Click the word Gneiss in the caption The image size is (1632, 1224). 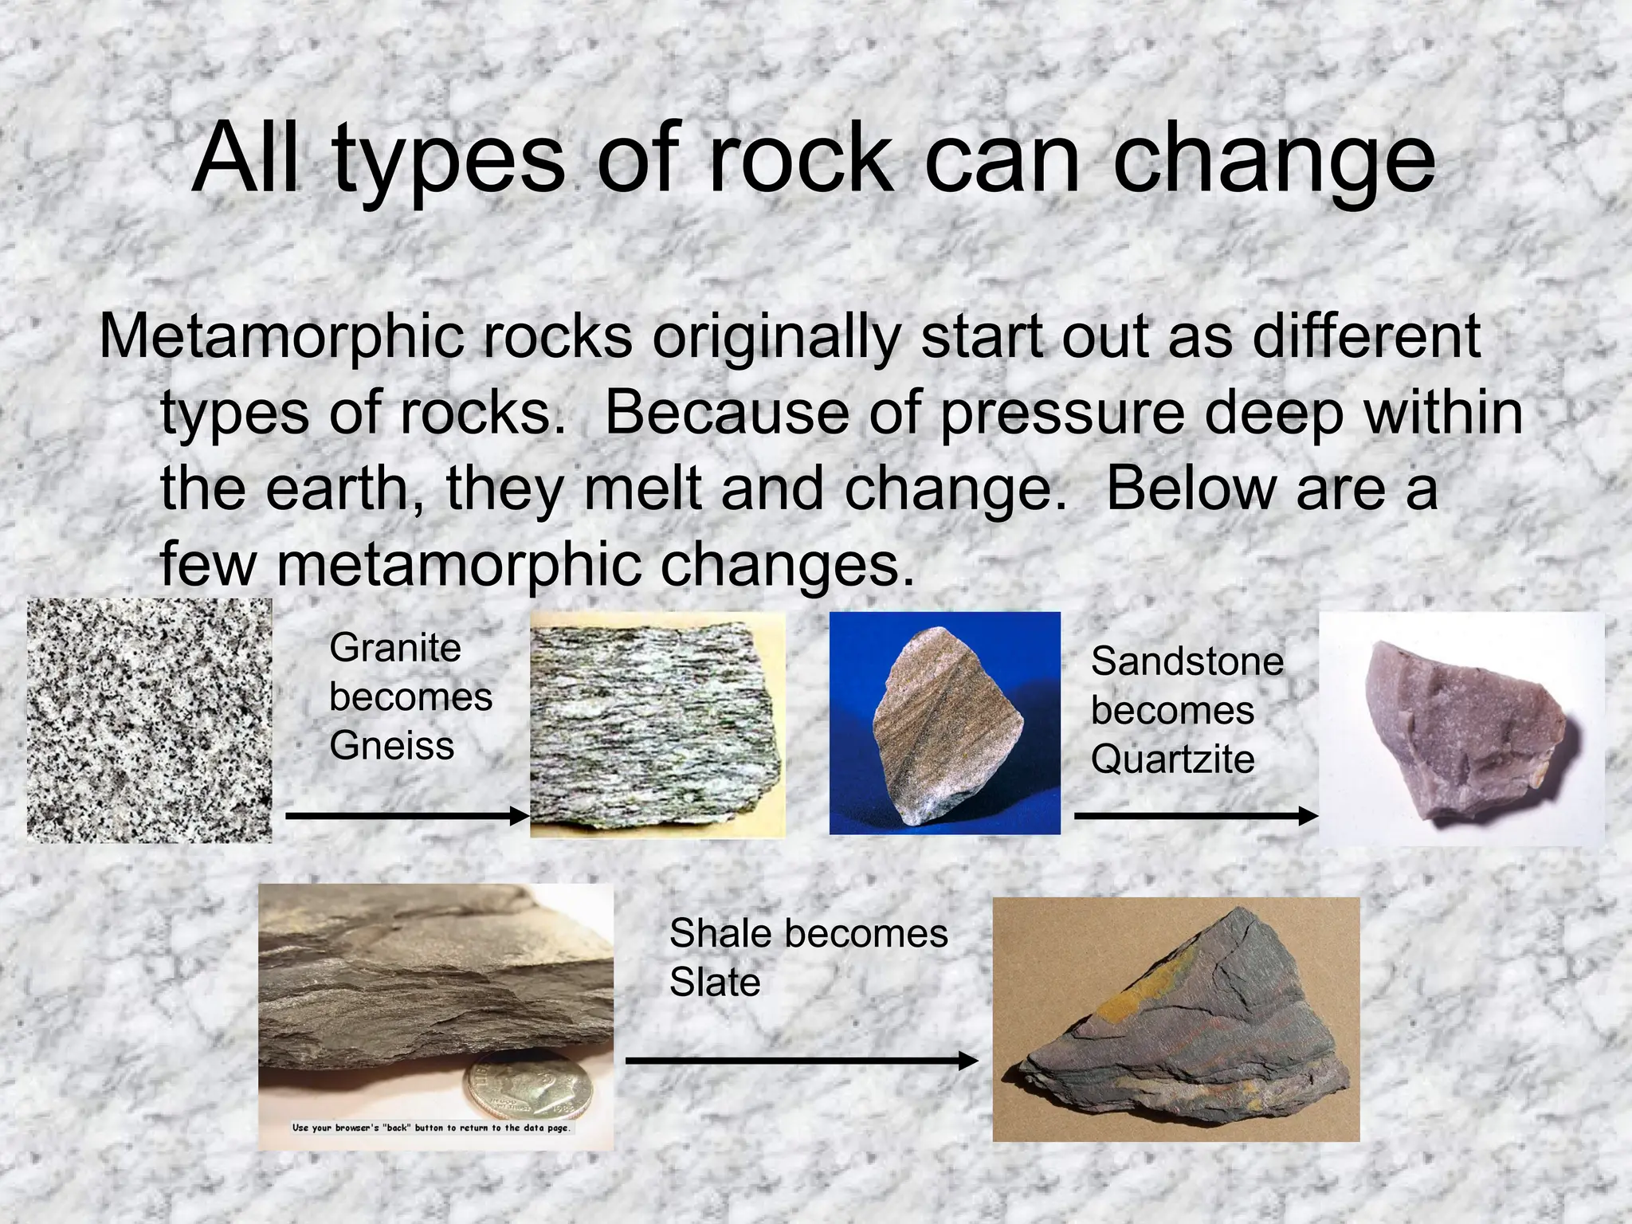pyautogui.click(x=391, y=747)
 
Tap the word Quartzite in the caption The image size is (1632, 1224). pyautogui.click(x=1172, y=759)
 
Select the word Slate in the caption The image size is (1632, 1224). pyautogui.click(x=715, y=983)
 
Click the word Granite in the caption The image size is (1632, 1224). pyautogui.click(x=395, y=648)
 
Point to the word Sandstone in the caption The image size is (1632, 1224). pyautogui.click(x=1187, y=661)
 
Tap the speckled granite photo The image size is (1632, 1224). pyautogui.click(x=150, y=721)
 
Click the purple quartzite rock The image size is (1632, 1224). pyautogui.click(x=1462, y=729)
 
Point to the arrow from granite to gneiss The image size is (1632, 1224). pyautogui.click(x=406, y=816)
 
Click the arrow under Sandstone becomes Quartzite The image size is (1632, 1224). pyautogui.click(x=1195, y=816)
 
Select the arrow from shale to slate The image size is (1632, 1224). pyautogui.click(x=801, y=1061)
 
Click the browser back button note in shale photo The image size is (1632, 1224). pyautogui.click(x=431, y=1128)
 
